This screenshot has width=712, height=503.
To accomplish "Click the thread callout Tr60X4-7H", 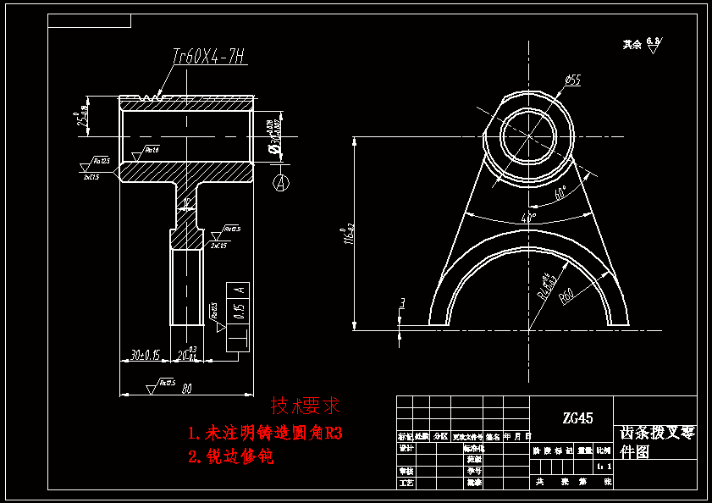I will click(x=208, y=57).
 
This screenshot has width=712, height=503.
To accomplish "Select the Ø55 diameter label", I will click(x=572, y=80).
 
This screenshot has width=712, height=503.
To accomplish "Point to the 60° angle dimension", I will click(x=560, y=194).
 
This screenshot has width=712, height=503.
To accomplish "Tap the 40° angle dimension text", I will click(x=529, y=218).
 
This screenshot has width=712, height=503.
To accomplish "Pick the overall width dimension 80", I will click(x=186, y=390).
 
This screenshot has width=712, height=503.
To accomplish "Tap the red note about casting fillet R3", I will click(x=265, y=434).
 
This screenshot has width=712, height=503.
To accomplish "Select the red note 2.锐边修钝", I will click(x=231, y=457).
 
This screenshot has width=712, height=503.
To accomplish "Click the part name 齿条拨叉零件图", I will click(x=657, y=441).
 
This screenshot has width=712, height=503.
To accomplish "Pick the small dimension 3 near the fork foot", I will click(x=403, y=302).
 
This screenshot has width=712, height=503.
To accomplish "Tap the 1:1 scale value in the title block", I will click(x=603, y=466).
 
